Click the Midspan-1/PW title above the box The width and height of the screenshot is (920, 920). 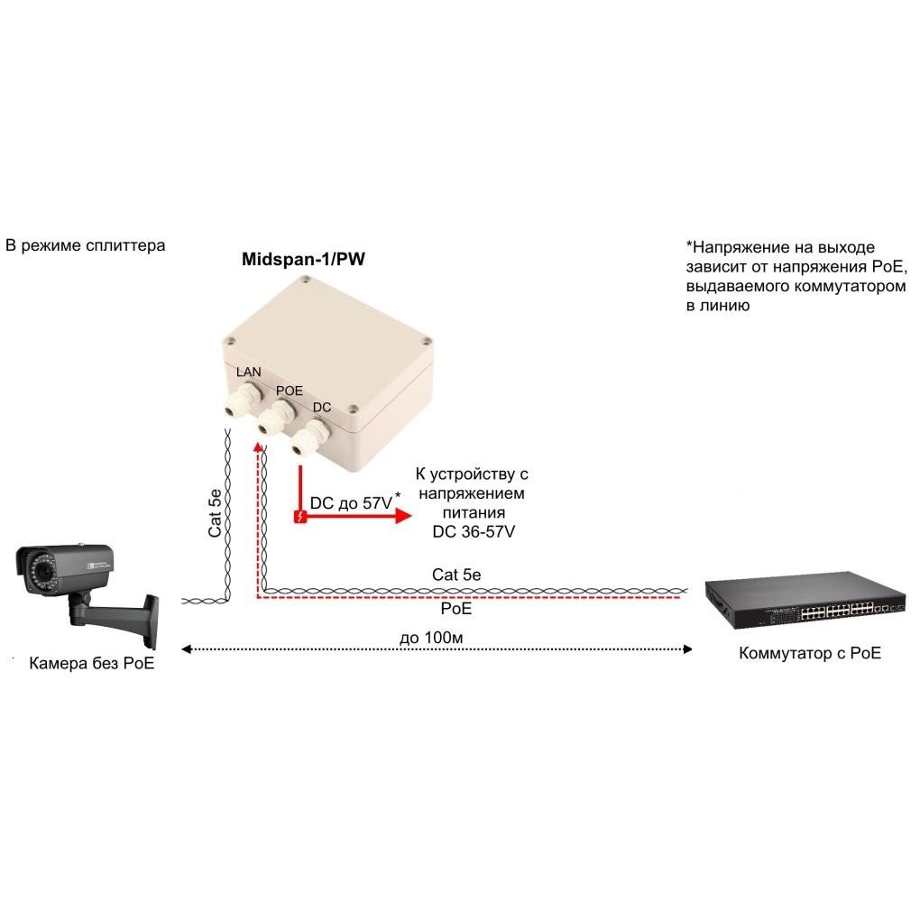point(303,260)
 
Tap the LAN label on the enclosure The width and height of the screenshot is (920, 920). point(248,372)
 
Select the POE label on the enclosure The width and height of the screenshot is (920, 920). point(290,391)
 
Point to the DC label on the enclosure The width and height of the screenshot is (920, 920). point(321,407)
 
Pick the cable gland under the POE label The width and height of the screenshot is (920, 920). point(276,417)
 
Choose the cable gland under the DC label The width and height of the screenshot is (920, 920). point(311,437)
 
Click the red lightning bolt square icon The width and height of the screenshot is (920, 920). point(300,516)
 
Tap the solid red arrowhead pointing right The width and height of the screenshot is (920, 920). point(404,516)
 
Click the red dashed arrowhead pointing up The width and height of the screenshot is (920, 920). point(258,448)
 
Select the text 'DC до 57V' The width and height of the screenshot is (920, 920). point(351,503)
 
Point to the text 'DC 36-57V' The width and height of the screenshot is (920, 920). point(474,531)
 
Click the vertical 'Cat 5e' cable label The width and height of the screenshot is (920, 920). point(216,513)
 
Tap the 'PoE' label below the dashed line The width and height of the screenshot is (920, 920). point(455,609)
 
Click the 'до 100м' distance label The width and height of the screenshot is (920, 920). point(431,637)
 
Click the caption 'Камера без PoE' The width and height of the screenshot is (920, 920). point(91,663)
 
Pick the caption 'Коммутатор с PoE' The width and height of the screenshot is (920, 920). point(810,653)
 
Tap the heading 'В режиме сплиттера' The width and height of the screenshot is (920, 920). point(86,245)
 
